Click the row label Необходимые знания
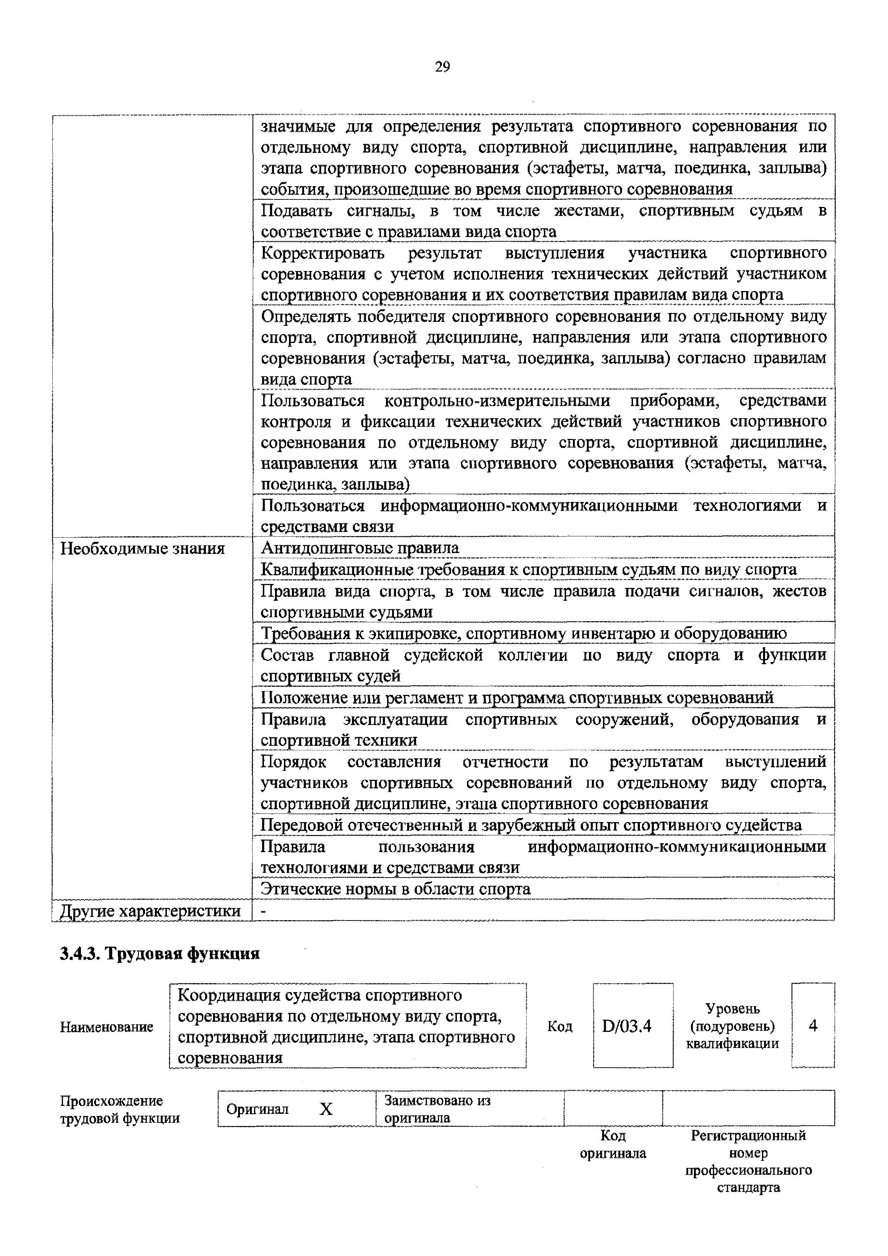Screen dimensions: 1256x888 [142, 549]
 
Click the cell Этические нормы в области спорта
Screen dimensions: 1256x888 [395, 889]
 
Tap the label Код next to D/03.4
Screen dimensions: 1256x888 [560, 1026]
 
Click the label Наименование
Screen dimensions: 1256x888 [107, 1027]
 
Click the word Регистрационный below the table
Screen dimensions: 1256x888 [748, 1136]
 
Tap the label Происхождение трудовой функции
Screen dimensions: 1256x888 [119, 1109]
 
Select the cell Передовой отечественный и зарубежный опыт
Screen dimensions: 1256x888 [531, 825]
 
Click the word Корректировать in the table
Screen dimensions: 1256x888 [323, 253]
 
